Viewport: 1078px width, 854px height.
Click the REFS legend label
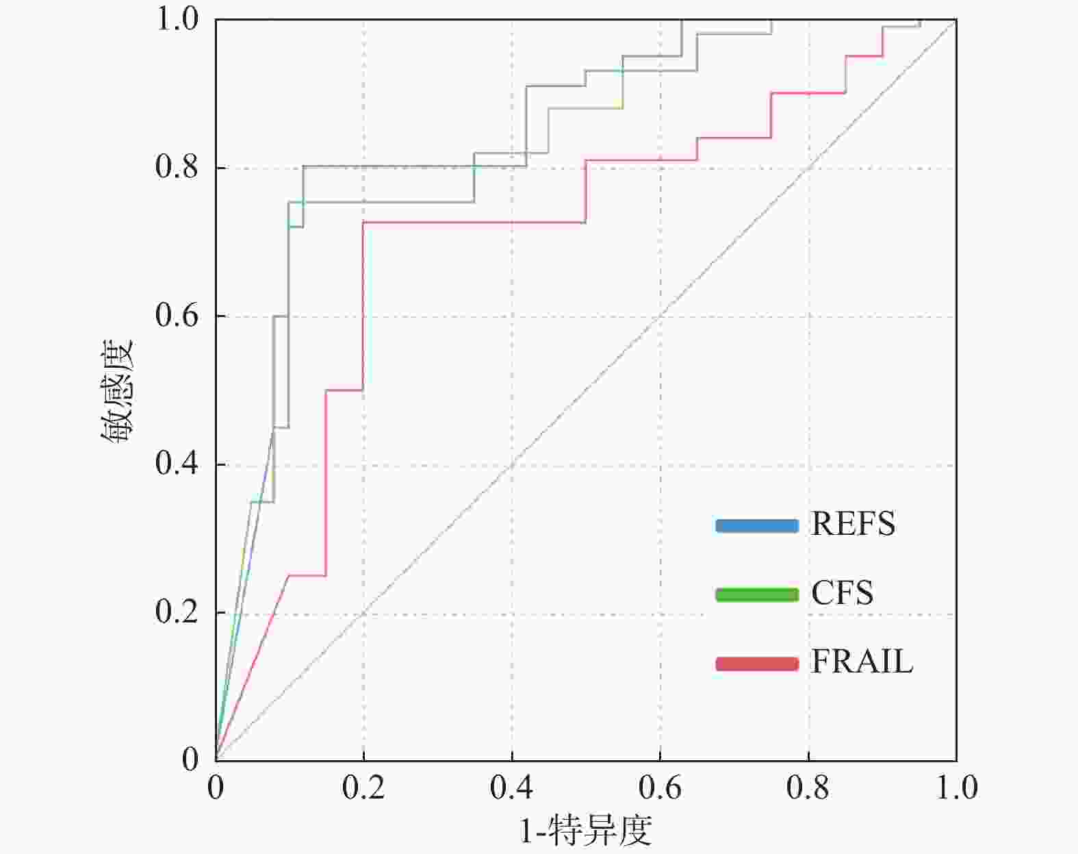pyautogui.click(x=853, y=525)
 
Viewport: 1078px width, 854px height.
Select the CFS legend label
pyautogui.click(x=842, y=593)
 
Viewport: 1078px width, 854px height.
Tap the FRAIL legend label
pyautogui.click(x=862, y=662)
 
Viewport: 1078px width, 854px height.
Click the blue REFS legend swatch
pyautogui.click(x=757, y=526)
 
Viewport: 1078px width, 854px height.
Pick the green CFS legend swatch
pyautogui.click(x=757, y=594)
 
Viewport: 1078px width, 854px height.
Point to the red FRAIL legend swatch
pyautogui.click(x=757, y=664)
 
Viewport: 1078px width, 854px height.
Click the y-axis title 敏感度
pyautogui.click(x=118, y=391)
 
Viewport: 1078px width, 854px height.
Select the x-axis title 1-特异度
pyautogui.click(x=586, y=831)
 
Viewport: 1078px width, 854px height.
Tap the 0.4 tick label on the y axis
pyautogui.click(x=177, y=464)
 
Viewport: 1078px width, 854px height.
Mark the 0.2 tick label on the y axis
pyautogui.click(x=177, y=612)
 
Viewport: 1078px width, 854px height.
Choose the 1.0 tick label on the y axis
pyautogui.click(x=177, y=19)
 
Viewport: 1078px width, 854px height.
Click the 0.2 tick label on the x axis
pyautogui.click(x=363, y=788)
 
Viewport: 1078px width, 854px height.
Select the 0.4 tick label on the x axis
pyautogui.click(x=511, y=788)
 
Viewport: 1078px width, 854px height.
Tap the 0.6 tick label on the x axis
pyautogui.click(x=660, y=788)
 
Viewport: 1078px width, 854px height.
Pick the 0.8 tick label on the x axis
pyautogui.click(x=808, y=788)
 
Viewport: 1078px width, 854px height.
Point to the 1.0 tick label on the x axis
pyautogui.click(x=956, y=788)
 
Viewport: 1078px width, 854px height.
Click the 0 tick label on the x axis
pyautogui.click(x=216, y=788)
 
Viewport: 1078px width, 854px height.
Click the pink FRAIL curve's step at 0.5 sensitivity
pyautogui.click(x=344, y=390)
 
